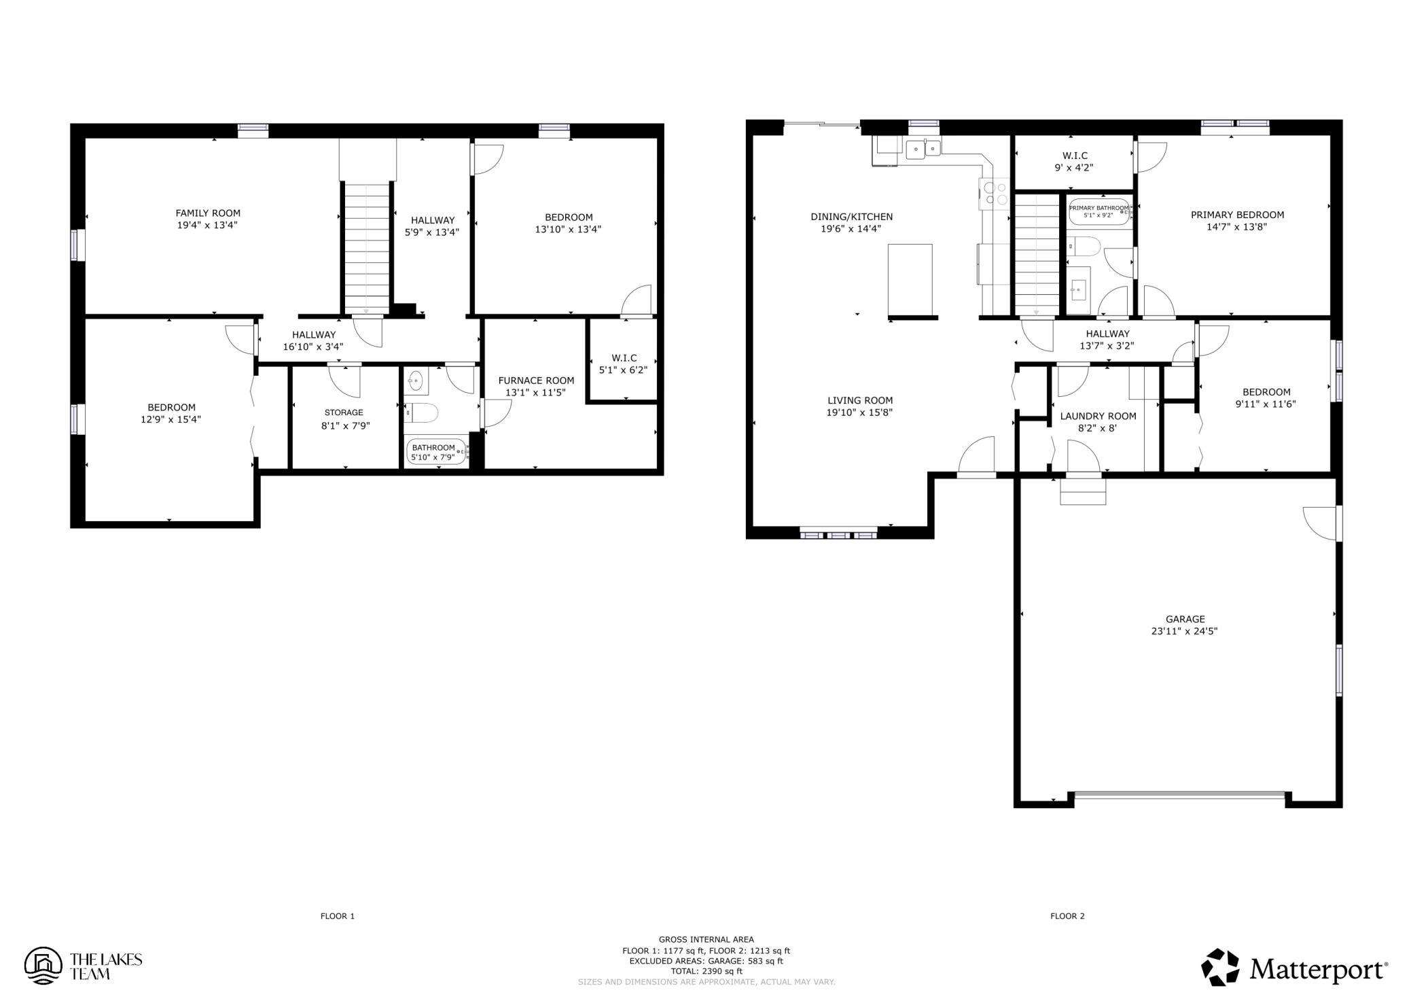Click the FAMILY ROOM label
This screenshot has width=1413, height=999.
pyautogui.click(x=208, y=213)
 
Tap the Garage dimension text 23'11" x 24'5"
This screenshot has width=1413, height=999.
pyautogui.click(x=1184, y=631)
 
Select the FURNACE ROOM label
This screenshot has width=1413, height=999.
pyautogui.click(x=536, y=381)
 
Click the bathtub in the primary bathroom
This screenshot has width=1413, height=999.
pyautogui.click(x=1098, y=211)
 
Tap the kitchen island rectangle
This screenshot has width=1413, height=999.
pyautogui.click(x=910, y=280)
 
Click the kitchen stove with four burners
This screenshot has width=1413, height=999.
pyautogui.click(x=992, y=193)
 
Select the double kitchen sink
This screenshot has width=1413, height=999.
pyautogui.click(x=923, y=147)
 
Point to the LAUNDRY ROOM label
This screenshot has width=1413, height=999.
pyautogui.click(x=1098, y=416)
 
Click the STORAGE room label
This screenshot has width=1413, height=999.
pyautogui.click(x=344, y=413)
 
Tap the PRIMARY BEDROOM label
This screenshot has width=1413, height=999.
pyautogui.click(x=1237, y=215)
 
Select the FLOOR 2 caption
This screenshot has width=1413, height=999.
pyautogui.click(x=1067, y=916)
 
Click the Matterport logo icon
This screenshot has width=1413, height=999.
pyautogui.click(x=1221, y=967)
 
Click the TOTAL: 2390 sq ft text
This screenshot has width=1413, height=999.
pyautogui.click(x=706, y=972)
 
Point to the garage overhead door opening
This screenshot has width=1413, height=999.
pyautogui.click(x=1179, y=793)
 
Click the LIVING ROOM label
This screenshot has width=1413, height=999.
pyautogui.click(x=860, y=400)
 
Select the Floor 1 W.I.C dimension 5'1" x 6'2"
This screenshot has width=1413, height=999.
pyautogui.click(x=623, y=370)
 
